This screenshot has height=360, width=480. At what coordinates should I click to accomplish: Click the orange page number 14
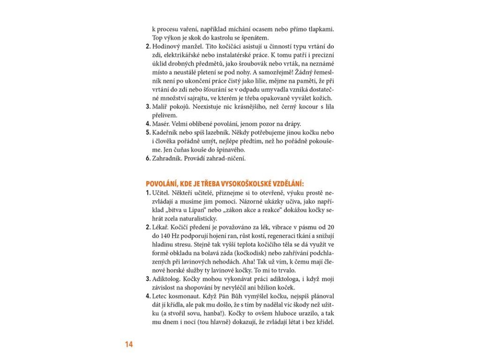point(129,345)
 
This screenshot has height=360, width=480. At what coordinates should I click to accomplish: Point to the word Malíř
point(160,106)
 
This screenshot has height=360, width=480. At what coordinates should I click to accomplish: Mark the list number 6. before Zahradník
point(148,158)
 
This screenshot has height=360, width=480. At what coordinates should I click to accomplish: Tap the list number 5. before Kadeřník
point(148,133)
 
